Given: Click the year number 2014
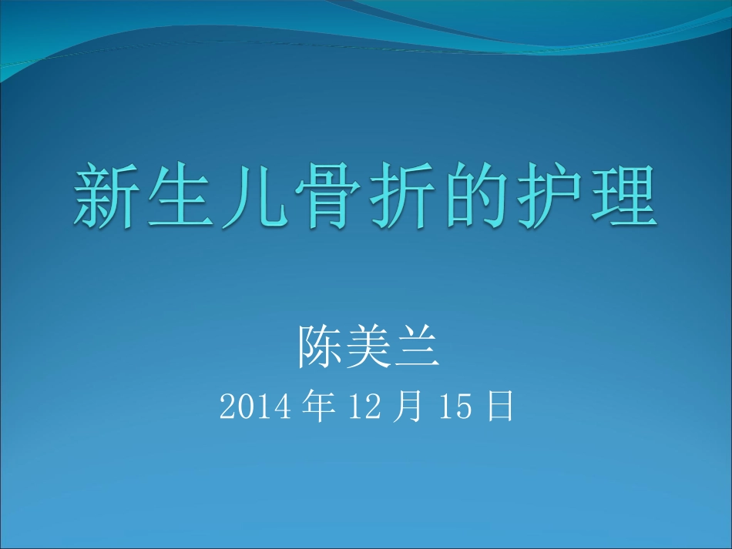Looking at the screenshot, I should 255,407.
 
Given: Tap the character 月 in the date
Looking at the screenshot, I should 417,406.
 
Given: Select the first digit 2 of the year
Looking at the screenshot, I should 227,407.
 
